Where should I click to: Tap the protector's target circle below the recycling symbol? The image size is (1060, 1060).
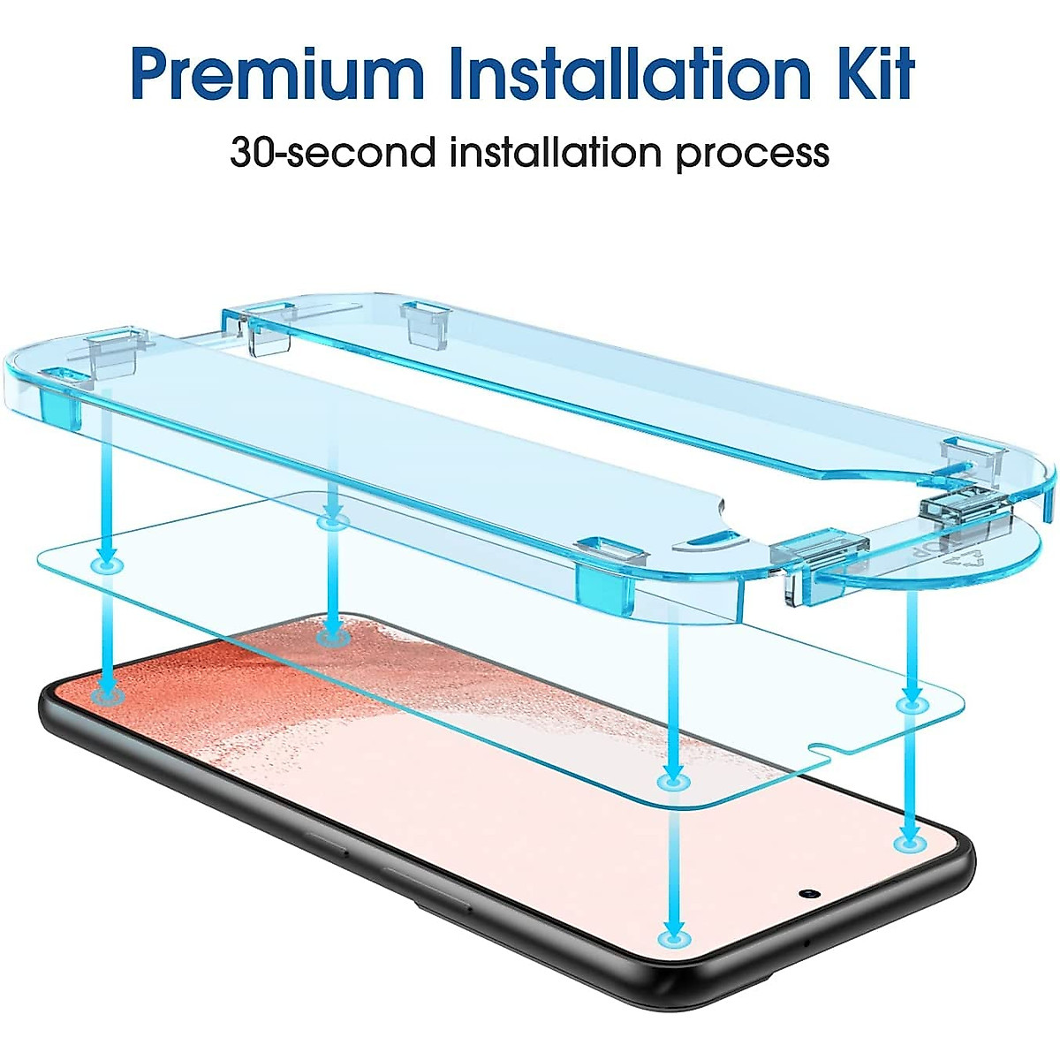[x=910, y=704]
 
